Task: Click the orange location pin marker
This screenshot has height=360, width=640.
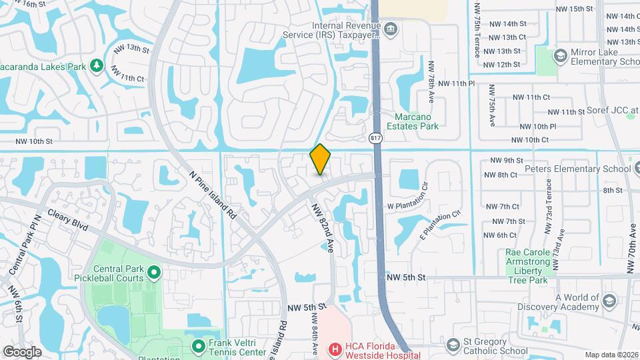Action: [321, 159]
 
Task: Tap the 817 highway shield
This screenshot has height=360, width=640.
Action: [376, 138]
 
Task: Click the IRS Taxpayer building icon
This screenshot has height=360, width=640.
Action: [391, 28]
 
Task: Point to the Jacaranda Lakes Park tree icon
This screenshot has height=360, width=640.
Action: [97, 65]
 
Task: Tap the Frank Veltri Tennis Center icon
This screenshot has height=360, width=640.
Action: [198, 346]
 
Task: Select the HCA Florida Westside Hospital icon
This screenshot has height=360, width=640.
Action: [335, 348]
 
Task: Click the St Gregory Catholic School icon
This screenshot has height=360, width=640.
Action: [454, 345]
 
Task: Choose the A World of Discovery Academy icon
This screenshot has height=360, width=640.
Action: [608, 301]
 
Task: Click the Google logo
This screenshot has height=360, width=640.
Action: [23, 351]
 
